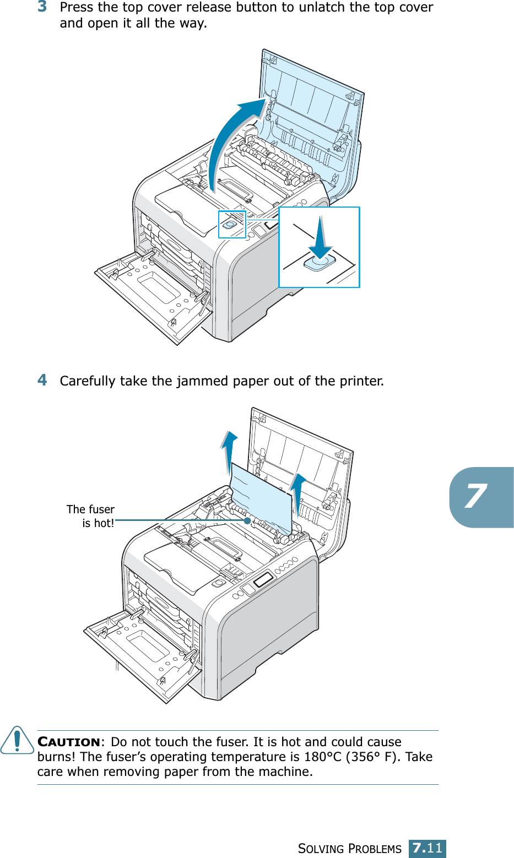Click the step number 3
click(x=42, y=7)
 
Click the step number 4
click(x=42, y=380)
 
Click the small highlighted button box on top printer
click(x=232, y=224)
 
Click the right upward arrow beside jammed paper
click(x=298, y=493)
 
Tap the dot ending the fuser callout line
click(x=248, y=520)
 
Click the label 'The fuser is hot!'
click(x=91, y=516)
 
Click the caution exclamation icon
click(x=17, y=740)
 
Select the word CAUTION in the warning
click(x=69, y=742)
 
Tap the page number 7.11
click(x=427, y=848)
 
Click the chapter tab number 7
click(x=475, y=497)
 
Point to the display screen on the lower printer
click(x=264, y=580)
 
